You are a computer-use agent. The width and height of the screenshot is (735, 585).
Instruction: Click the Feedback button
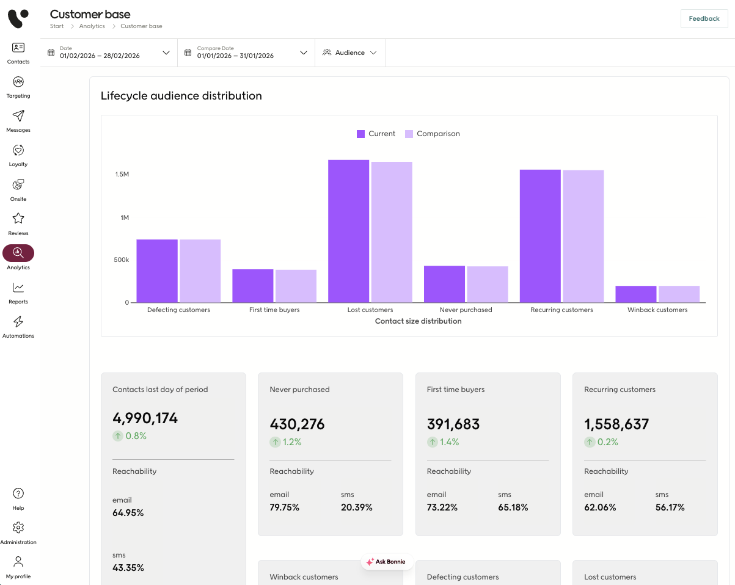pyautogui.click(x=704, y=18)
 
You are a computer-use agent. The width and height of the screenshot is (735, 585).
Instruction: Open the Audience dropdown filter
pyautogui.click(x=350, y=53)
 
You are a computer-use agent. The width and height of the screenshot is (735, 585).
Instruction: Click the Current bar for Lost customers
pyautogui.click(x=348, y=231)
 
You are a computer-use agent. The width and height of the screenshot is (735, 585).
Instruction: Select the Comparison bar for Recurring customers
pyautogui.click(x=583, y=236)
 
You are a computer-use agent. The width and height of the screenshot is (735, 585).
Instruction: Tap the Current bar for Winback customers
pyautogui.click(x=635, y=294)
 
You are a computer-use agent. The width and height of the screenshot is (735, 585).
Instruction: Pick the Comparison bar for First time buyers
pyautogui.click(x=296, y=286)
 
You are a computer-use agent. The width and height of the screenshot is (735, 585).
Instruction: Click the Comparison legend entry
pyautogui.click(x=433, y=134)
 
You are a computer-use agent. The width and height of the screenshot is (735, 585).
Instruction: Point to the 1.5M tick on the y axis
pyautogui.click(x=122, y=174)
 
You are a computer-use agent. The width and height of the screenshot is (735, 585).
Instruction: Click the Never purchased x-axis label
pyautogui.click(x=466, y=310)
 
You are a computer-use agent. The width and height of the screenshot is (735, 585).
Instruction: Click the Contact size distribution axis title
pyautogui.click(x=418, y=321)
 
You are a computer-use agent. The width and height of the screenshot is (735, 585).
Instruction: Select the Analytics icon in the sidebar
pyautogui.click(x=18, y=253)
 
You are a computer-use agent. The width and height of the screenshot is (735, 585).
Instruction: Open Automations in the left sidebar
pyautogui.click(x=18, y=327)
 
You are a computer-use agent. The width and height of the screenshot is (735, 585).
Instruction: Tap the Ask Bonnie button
pyautogui.click(x=387, y=561)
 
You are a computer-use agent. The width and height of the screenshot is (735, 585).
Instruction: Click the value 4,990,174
pyautogui.click(x=145, y=418)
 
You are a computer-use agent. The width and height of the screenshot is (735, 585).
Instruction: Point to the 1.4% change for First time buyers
pyautogui.click(x=443, y=442)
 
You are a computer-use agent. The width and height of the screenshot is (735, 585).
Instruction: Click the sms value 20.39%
pyautogui.click(x=357, y=507)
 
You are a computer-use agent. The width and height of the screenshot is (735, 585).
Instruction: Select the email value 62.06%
pyautogui.click(x=600, y=507)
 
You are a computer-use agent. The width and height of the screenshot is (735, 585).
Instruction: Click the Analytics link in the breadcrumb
pyautogui.click(x=92, y=26)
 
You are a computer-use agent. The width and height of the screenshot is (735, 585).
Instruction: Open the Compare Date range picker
pyautogui.click(x=246, y=53)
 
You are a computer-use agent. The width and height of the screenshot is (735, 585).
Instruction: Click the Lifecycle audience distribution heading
pyautogui.click(x=181, y=96)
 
